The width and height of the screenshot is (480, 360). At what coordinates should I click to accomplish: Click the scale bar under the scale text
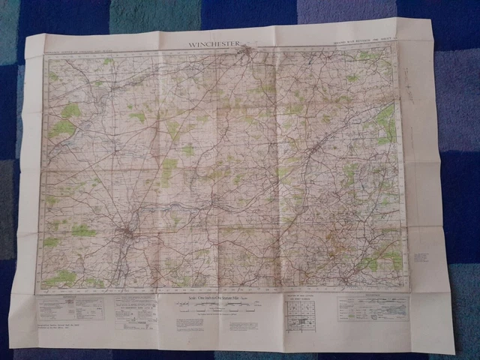(x=213, y=307)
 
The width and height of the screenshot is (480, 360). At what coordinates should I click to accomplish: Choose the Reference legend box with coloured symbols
(x=372, y=308)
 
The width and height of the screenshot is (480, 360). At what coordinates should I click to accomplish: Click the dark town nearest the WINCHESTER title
(x=247, y=54)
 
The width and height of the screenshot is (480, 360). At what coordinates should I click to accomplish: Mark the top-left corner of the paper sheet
(x=26, y=36)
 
